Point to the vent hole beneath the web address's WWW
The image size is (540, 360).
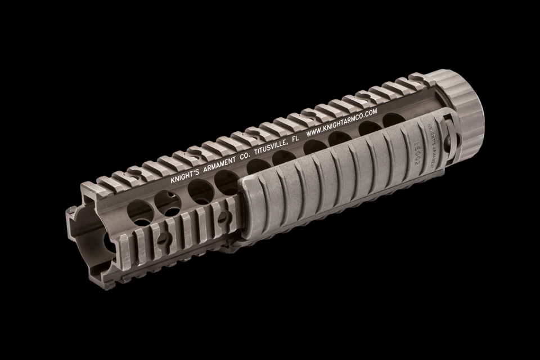pyautogui.click(x=312, y=147)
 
